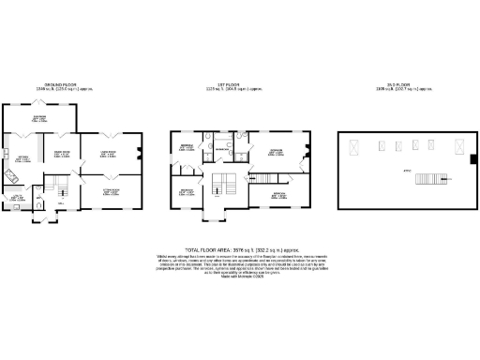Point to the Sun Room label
point(66,117)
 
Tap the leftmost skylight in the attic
point(355,146)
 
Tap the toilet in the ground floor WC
point(37,200)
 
